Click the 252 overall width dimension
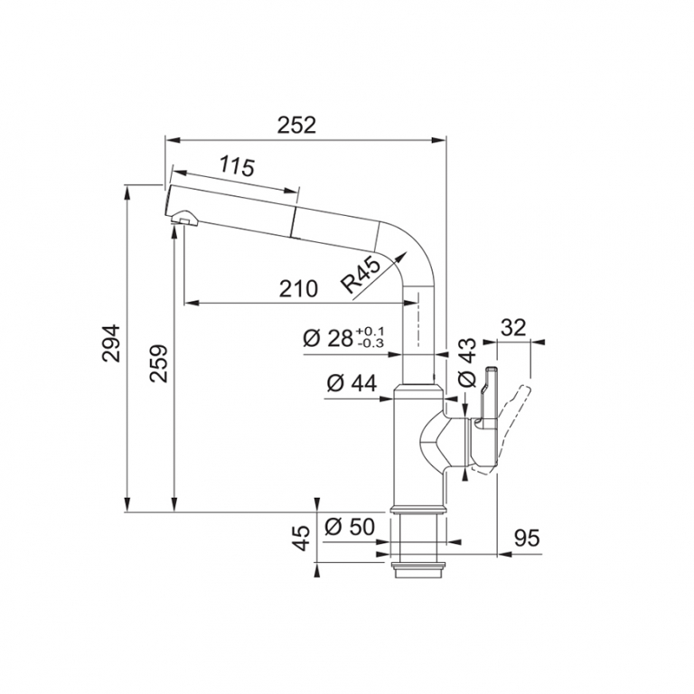297,126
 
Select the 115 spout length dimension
238,166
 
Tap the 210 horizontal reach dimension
298,289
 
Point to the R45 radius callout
361,277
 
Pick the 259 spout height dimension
158,364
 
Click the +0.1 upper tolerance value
370,332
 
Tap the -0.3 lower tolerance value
370,343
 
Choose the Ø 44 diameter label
352,383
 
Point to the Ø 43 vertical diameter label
467,363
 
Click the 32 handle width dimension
513,327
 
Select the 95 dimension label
527,539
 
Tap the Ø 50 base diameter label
350,527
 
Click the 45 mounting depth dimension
303,538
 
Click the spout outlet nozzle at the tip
183,218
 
